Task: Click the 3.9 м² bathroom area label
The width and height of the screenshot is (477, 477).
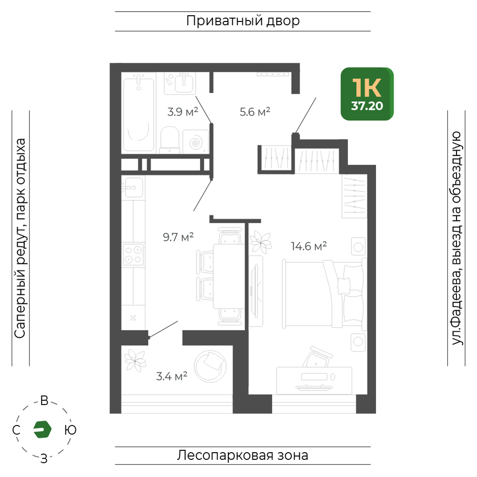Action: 183,112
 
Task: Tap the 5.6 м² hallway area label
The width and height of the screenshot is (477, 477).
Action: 255,112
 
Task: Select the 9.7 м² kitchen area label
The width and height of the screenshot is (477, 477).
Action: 178,237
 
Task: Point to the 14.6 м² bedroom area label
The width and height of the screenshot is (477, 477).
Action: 309,246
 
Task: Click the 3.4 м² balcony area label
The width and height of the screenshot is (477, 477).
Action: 172,376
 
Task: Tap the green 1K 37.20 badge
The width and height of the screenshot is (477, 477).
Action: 367,94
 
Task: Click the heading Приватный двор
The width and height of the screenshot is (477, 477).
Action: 243,21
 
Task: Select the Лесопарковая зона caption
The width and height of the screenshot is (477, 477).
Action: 243,456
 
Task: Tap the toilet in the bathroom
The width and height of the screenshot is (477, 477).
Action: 169,140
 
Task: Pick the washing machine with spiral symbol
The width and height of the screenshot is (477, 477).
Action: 196,142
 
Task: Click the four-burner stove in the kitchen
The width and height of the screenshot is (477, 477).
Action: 133,255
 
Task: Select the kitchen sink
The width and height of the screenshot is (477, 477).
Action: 133,187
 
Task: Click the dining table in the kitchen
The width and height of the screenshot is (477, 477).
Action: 228,276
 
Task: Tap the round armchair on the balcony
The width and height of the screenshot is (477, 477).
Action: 210,366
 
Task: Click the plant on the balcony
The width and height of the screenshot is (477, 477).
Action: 135,361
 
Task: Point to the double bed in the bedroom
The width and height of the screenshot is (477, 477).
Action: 324,294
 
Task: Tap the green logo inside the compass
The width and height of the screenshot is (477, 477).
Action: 42,430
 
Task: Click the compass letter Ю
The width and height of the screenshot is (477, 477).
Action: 71,430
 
